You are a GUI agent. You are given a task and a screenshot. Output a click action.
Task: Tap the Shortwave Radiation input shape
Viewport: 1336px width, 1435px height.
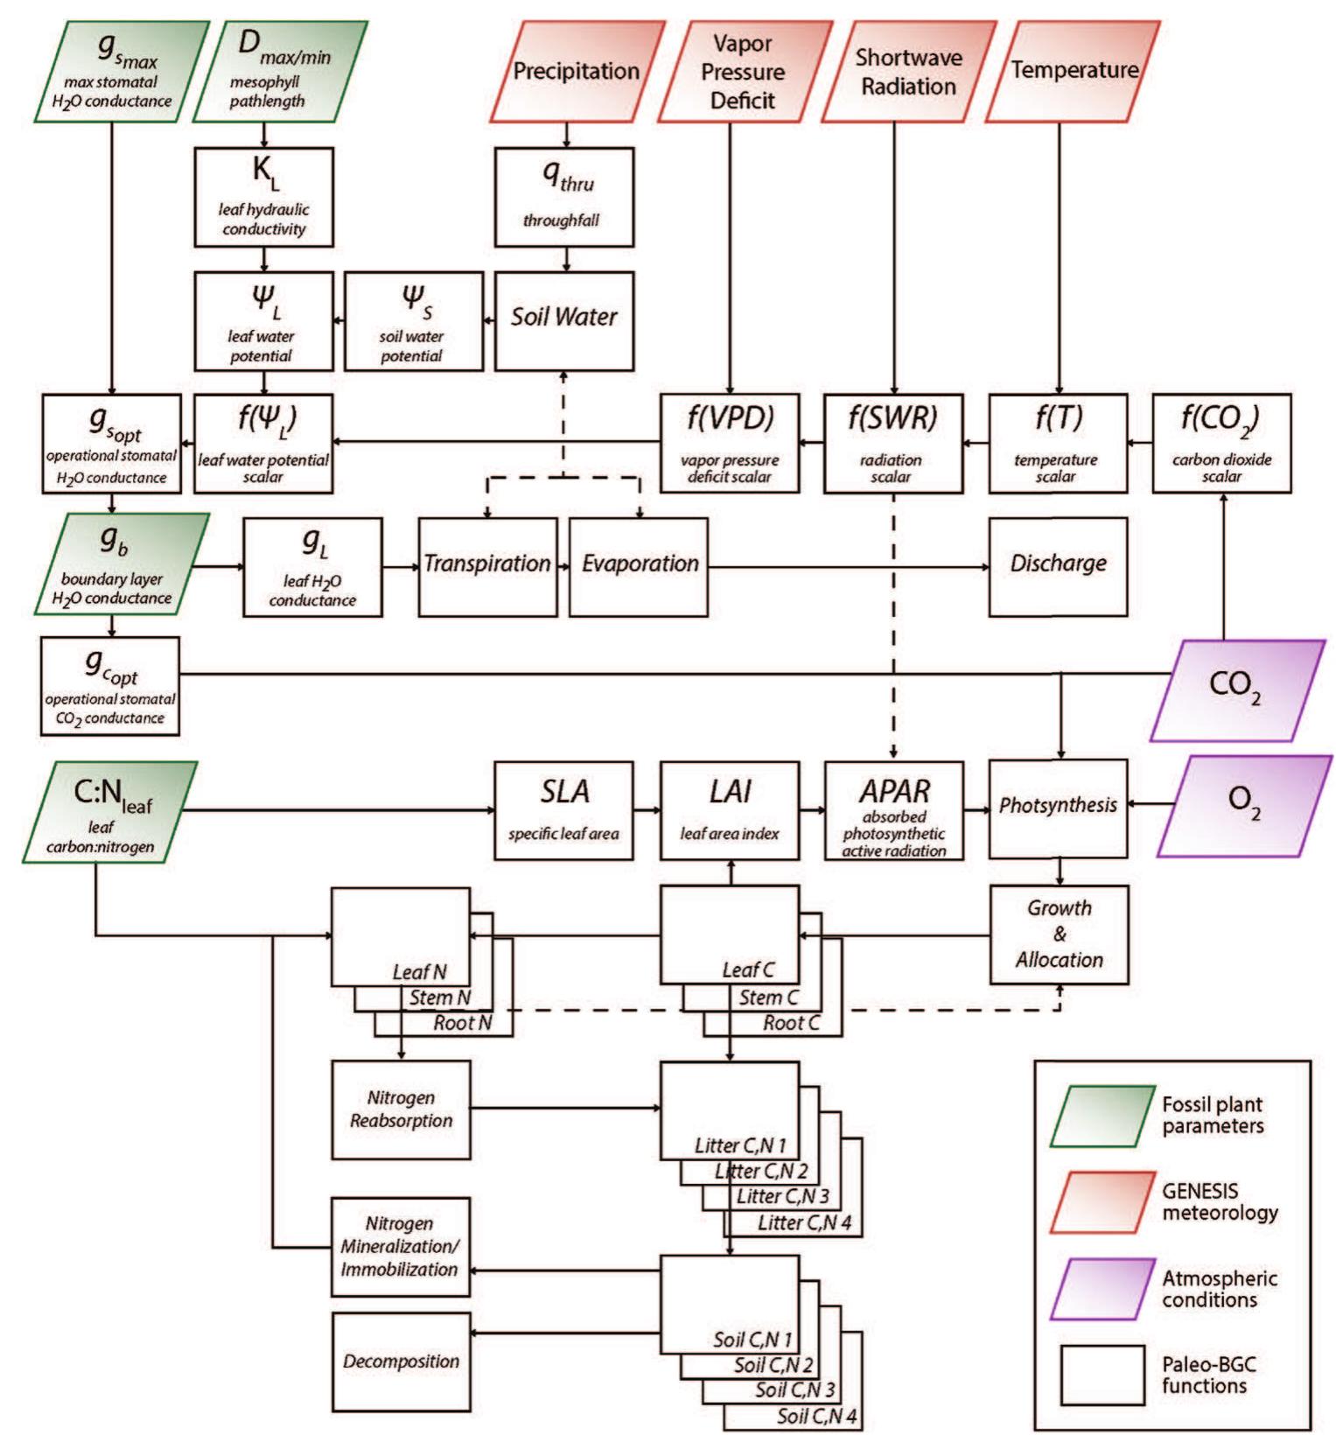point(907,72)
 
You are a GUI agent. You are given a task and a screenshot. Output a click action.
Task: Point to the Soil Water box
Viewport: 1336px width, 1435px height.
point(564,319)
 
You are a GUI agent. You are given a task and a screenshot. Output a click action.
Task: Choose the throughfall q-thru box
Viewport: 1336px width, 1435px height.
point(564,197)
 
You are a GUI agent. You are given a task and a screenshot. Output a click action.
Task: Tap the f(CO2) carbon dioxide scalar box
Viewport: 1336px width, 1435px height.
point(1221,443)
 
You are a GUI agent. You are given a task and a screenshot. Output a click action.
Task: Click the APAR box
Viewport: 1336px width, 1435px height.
point(894,810)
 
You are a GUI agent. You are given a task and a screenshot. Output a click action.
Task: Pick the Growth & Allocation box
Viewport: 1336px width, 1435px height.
point(1059,934)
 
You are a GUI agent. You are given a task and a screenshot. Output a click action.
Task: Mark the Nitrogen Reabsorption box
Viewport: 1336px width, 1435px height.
point(401,1109)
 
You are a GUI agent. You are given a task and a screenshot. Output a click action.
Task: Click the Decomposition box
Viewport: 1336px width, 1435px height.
point(401,1361)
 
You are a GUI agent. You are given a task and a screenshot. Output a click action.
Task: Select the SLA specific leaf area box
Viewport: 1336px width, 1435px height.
point(563,810)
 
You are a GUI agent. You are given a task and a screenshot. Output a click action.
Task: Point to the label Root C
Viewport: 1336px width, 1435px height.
point(791,1024)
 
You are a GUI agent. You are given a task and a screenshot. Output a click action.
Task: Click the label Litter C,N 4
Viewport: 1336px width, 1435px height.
point(804,1222)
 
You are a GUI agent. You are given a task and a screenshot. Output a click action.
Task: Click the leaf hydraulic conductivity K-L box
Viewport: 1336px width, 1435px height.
point(263,197)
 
